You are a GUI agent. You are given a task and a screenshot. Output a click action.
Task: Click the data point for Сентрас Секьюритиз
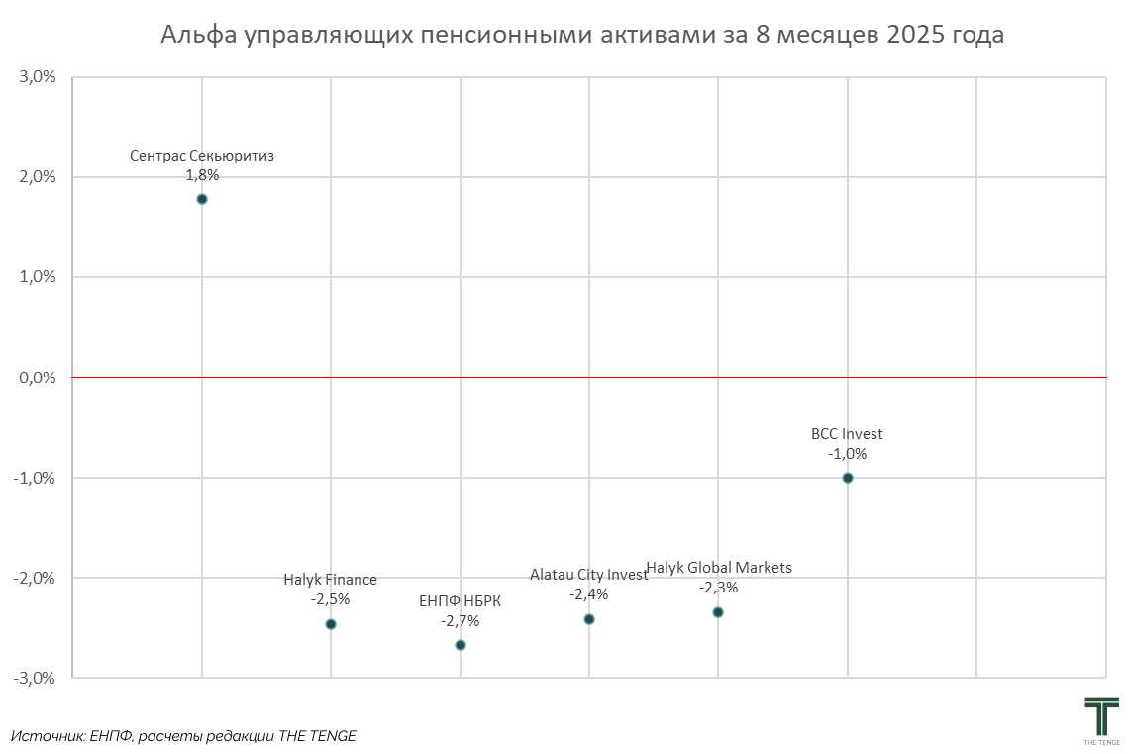click(202, 199)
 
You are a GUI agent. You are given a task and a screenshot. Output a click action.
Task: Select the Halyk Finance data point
click(331, 624)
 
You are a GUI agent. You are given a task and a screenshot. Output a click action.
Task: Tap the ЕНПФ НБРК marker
click(461, 645)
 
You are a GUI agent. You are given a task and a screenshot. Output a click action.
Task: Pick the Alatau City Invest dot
click(589, 619)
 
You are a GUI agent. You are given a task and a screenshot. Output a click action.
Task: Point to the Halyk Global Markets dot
click(718, 612)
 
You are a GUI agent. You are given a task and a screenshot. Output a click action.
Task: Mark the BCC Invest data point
click(848, 478)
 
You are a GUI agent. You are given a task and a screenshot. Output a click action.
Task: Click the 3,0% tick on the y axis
click(37, 77)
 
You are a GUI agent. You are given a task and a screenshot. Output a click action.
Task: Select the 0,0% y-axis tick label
click(37, 377)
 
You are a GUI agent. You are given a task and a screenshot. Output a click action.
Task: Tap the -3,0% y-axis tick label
click(35, 678)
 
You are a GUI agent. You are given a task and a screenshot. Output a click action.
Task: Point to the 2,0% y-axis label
click(37, 177)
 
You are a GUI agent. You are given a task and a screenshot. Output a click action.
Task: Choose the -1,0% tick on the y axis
click(35, 478)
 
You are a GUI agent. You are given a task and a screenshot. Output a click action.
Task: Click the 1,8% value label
click(202, 175)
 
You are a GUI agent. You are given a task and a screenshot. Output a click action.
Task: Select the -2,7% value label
click(461, 621)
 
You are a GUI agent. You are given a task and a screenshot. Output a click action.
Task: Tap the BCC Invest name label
click(847, 434)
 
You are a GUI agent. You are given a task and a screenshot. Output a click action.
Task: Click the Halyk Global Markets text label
click(719, 568)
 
